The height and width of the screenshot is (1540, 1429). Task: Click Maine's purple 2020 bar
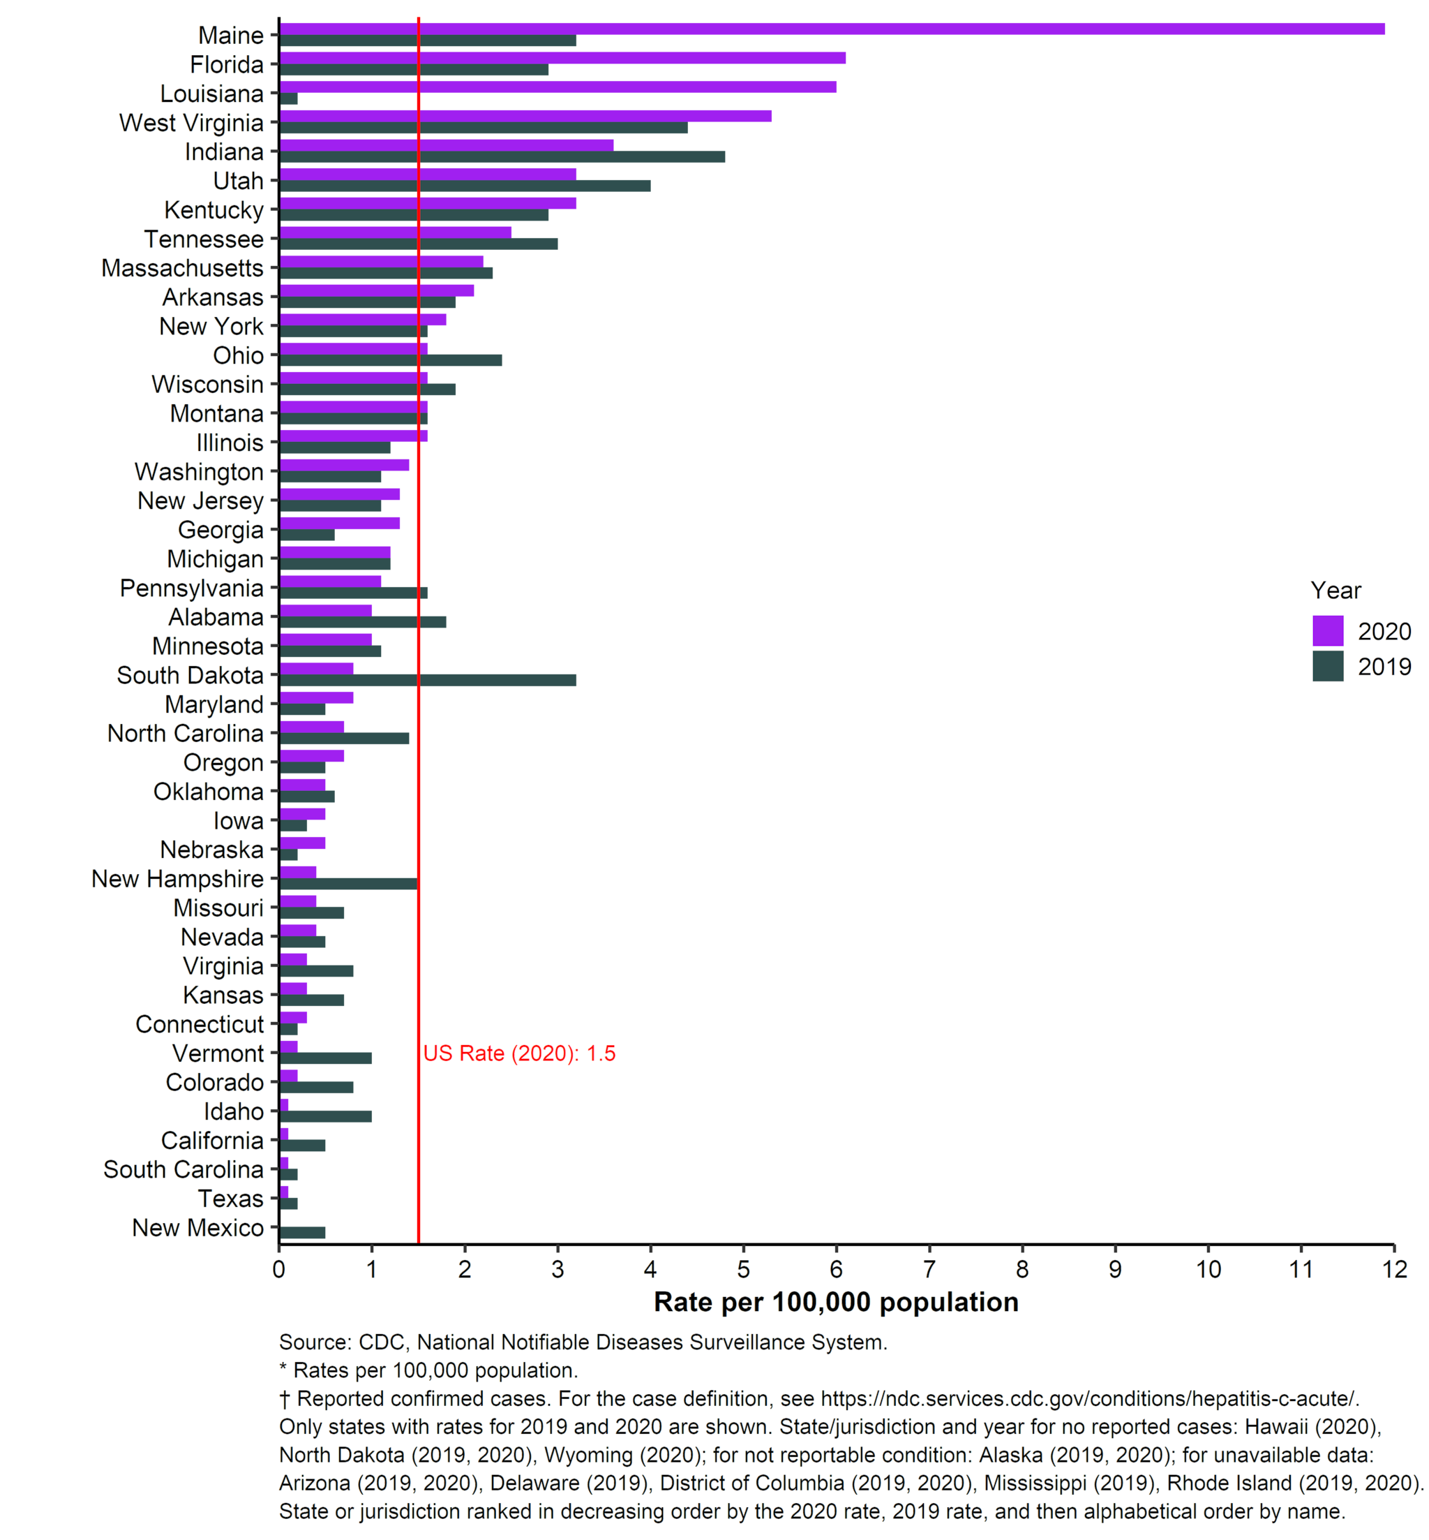coord(833,29)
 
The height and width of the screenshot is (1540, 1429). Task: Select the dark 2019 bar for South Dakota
coord(428,681)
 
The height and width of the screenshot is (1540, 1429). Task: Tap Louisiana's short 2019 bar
coord(289,99)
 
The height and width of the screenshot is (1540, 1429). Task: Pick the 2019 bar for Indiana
coord(502,157)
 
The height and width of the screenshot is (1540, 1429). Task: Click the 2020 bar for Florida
coord(563,58)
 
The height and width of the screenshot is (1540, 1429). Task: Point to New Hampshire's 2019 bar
coord(349,884)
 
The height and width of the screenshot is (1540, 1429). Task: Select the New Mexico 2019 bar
coord(303,1233)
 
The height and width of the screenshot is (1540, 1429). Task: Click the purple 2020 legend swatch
coord(1328,630)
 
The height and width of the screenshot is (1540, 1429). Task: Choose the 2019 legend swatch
coord(1328,666)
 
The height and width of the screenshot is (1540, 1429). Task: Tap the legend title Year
coord(1336,590)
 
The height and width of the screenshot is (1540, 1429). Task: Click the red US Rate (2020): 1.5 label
coord(520,1053)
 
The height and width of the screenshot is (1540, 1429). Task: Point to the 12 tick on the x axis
coord(1394,1269)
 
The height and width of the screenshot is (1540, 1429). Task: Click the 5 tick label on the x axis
coord(743,1269)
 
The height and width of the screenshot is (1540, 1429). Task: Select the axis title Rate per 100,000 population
coord(837,1303)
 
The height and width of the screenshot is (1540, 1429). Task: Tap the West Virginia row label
coord(191,123)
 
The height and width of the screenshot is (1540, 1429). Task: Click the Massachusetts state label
coord(184,268)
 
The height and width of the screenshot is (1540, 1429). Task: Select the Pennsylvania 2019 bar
coord(354,593)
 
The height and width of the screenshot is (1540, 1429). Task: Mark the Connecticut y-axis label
coord(200,1024)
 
